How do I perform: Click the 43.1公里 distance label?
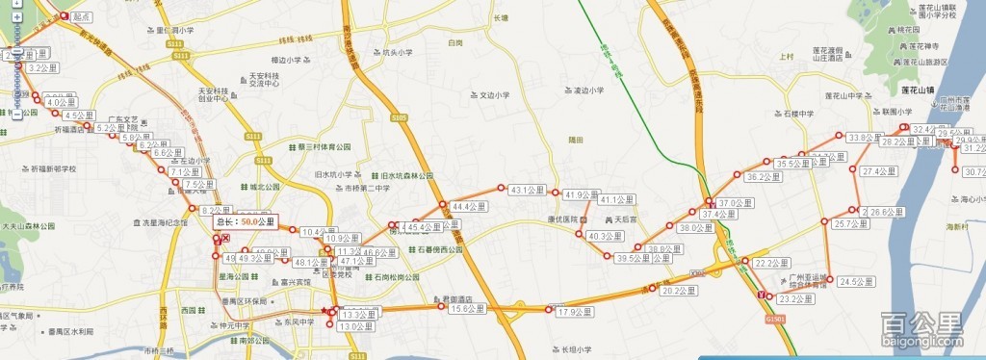[528, 190]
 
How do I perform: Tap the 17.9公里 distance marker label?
[574, 312]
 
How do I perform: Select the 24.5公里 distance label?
[855, 282]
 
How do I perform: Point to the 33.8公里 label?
[865, 139]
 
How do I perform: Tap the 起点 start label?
[82, 17]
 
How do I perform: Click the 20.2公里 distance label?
[680, 291]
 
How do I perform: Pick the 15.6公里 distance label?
[468, 309]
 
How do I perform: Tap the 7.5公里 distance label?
[199, 185]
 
